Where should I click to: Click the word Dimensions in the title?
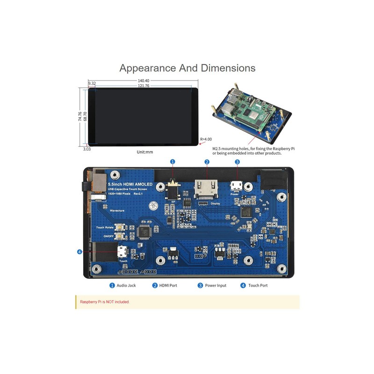coord(228,68)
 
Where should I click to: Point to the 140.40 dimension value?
coord(144,80)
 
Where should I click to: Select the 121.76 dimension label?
coord(144,86)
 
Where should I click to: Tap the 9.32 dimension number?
coord(92,84)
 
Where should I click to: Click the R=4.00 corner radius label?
coord(206,139)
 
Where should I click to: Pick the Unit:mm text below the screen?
coord(145,152)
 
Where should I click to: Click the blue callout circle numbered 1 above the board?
coord(173,162)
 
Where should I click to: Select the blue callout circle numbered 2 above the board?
coord(207,162)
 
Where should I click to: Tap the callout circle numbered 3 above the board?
coord(237,162)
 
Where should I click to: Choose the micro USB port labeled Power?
coord(237,186)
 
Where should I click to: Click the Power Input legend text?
coord(216,285)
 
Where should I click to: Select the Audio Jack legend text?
coord(126,285)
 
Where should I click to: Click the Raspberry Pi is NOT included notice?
coord(105,302)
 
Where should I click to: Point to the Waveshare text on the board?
coord(117,211)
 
